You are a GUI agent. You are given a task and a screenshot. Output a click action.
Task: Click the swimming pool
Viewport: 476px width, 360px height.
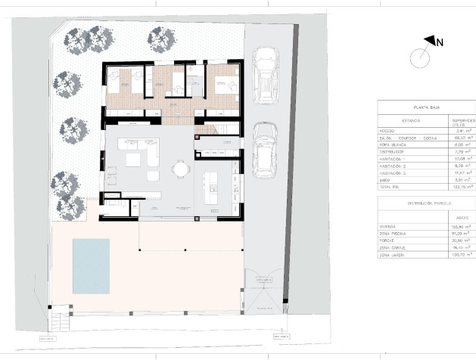[91, 265]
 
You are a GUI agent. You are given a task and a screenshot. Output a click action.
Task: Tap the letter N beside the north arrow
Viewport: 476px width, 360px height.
[440, 43]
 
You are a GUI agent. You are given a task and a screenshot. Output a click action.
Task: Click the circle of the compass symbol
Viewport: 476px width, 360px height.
[418, 57]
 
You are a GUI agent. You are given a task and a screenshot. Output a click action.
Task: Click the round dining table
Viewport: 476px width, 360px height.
[180, 169]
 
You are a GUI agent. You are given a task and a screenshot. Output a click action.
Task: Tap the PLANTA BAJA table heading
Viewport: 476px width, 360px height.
[427, 109]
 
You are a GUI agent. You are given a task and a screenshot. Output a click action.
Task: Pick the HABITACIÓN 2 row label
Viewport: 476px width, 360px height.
[396, 165]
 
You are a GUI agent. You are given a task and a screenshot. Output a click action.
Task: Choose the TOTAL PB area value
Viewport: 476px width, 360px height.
[461, 186]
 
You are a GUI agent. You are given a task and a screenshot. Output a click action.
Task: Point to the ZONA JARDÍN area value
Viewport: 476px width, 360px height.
[461, 255]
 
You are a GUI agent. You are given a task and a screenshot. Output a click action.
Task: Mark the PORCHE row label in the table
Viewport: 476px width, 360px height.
[390, 240]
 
